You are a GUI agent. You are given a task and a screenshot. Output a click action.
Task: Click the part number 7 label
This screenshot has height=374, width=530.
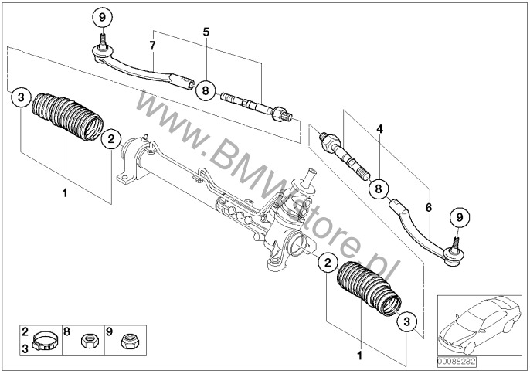pos(152,46)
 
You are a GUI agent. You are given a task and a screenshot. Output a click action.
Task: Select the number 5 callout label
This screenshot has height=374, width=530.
pos(206,32)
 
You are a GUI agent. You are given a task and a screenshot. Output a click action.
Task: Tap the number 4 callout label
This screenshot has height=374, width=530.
pos(380,129)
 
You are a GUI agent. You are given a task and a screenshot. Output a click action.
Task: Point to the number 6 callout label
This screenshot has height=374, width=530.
pos(429,207)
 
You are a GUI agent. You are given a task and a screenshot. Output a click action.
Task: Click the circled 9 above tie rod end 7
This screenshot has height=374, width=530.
pos(103,17)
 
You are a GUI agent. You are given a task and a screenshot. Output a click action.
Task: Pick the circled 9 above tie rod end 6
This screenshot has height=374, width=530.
pos(460,217)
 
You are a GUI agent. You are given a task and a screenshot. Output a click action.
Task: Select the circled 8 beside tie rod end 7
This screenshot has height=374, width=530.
pos(206,90)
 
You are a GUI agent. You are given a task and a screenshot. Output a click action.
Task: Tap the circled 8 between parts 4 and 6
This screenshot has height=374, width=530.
pos(379,189)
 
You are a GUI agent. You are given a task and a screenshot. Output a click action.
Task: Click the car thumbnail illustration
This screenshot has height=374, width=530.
pos(479,325)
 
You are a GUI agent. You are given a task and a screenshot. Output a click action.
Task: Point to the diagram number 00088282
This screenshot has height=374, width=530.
pos(457,362)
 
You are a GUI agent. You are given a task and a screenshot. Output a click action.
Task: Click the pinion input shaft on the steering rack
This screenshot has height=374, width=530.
pos(309,177)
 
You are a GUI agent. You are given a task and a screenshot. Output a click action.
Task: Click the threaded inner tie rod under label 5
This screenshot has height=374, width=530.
pos(256,107)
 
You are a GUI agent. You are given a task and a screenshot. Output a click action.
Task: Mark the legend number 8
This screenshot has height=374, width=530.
pos(66,331)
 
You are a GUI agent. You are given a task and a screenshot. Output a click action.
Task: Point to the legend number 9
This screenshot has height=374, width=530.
pos(109,331)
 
